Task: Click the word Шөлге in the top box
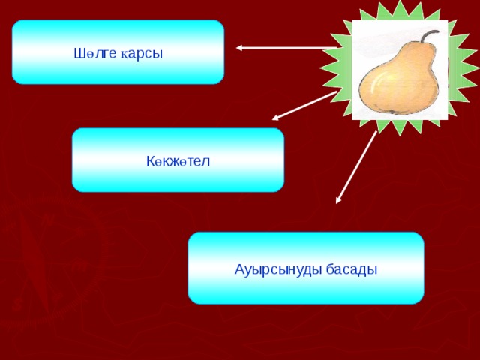[x=91, y=53]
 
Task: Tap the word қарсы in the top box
[x=142, y=54]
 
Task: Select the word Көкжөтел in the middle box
[x=178, y=161]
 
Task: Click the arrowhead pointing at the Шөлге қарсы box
[x=240, y=48]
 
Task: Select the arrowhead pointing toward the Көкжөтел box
[x=276, y=117]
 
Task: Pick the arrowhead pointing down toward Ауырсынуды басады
[x=339, y=199]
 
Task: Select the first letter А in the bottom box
[x=238, y=269]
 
